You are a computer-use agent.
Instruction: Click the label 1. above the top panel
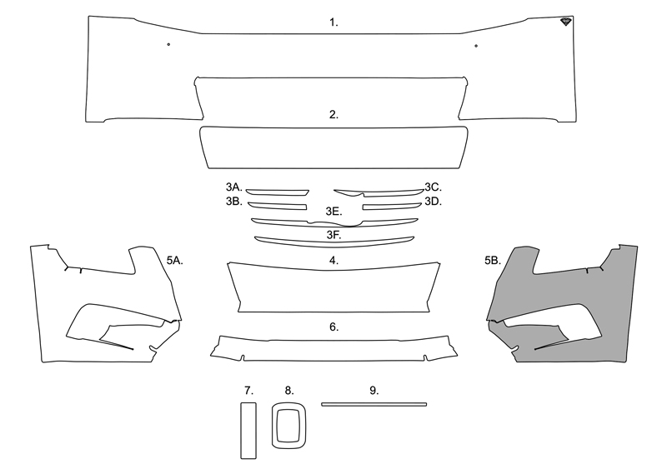coord(333,22)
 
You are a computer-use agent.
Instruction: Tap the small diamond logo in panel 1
coord(566,22)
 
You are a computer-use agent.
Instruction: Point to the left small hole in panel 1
coord(169,44)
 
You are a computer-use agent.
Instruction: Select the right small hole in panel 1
coord(476,46)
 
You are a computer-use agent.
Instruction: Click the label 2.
coord(333,115)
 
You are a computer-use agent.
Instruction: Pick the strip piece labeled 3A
coord(278,192)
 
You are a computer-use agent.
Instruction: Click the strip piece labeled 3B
coord(278,206)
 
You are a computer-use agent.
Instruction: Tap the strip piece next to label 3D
coord(392,207)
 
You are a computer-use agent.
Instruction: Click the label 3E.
coord(334,212)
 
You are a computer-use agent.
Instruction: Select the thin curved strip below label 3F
coord(334,242)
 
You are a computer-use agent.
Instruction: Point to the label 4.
coord(334,261)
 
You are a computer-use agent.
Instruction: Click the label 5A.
coord(175,261)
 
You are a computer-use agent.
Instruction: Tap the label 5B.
coord(493,261)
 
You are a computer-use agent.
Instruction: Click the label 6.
coord(334,327)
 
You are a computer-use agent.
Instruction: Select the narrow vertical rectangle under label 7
coord(248,431)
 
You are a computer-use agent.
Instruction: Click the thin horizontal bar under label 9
coord(374,405)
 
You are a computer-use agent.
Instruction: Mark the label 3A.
coord(234,187)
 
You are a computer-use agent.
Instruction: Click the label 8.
coord(289,391)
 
